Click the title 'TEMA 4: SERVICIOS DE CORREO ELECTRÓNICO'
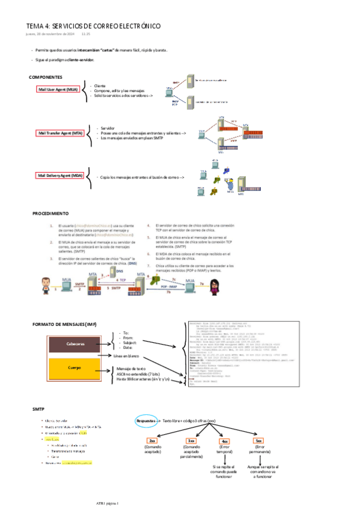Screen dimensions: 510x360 pyautogui.click(x=93, y=26)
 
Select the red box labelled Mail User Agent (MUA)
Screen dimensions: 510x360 pyautogui.click(x=58, y=90)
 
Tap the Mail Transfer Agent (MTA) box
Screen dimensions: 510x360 pyautogui.click(x=61, y=133)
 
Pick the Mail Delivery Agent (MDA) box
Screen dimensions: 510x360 pyautogui.click(x=61, y=176)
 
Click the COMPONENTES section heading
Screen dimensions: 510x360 pyautogui.click(x=46, y=78)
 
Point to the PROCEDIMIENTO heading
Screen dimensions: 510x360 pyautogui.click(x=50, y=214)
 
